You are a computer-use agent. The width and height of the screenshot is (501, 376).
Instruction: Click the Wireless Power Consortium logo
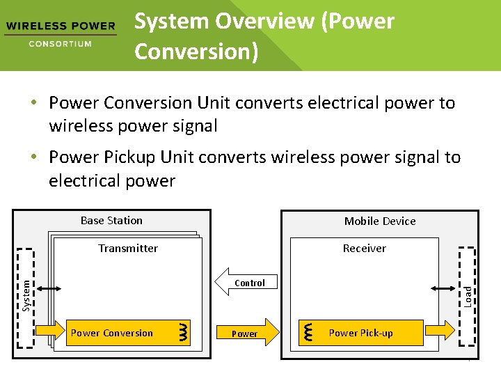[60, 34]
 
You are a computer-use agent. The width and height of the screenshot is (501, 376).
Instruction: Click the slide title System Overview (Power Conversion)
[264, 36]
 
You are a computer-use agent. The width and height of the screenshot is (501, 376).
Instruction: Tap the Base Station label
[111, 220]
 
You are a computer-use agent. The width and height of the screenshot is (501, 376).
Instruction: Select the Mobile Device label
[380, 221]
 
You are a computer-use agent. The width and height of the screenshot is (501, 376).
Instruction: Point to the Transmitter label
[128, 248]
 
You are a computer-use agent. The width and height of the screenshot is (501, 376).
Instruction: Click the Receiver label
[364, 248]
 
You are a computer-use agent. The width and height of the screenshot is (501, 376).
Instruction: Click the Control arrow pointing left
[247, 283]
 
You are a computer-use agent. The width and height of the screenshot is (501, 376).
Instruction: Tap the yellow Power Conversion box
[111, 333]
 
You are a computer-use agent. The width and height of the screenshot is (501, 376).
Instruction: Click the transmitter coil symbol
[183, 332]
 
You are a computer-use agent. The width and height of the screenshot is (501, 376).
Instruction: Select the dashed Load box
[468, 296]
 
